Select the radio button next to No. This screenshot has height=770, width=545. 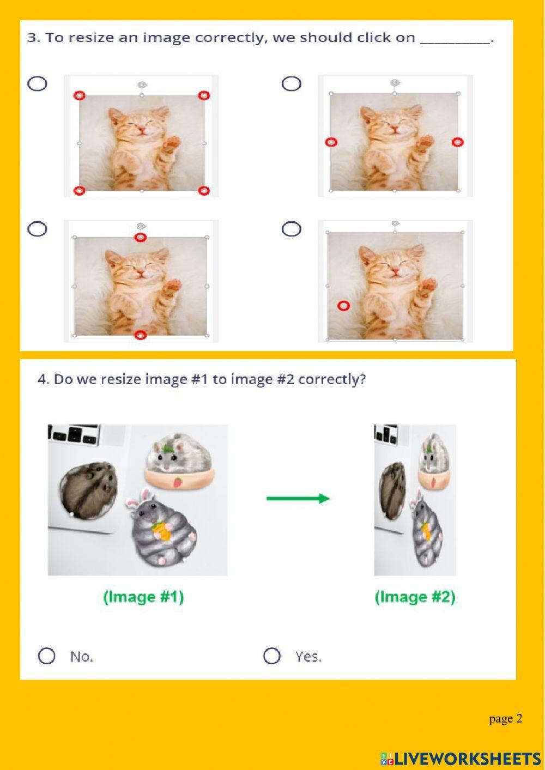click(47, 656)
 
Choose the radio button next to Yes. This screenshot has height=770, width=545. click(271, 656)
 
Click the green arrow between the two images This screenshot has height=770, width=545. click(298, 498)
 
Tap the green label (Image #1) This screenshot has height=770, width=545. click(143, 597)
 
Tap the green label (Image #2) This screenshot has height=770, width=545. click(415, 597)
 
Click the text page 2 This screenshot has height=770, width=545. click(505, 718)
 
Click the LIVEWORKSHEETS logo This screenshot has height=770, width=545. click(461, 758)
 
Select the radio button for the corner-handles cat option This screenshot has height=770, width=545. click(37, 83)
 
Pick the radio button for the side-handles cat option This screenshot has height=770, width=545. click(291, 83)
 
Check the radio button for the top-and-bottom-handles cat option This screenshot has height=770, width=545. click(37, 229)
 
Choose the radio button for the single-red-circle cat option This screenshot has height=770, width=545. click(291, 229)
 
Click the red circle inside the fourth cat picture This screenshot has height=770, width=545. click(343, 306)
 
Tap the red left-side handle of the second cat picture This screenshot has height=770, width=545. click(331, 142)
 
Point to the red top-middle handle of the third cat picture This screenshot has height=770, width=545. click(141, 237)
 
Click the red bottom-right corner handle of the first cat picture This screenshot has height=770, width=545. click(203, 190)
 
